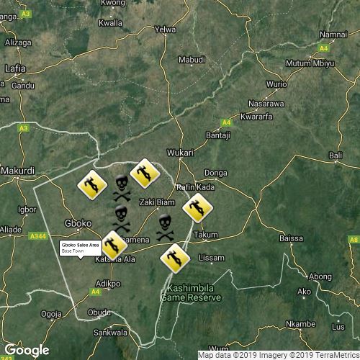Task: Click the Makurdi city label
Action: point(17,171)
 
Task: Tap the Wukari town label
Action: point(179,153)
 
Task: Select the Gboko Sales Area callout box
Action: point(80,248)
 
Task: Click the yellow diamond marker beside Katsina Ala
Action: point(114,245)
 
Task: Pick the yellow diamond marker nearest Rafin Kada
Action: point(194,209)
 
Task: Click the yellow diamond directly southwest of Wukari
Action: point(143,173)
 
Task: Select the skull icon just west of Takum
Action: point(165,227)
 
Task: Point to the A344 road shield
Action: point(39,235)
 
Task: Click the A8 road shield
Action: point(353,239)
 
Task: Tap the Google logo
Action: point(27,350)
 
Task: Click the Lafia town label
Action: point(14,68)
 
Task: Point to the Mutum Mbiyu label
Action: point(310,63)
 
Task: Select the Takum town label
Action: point(206,235)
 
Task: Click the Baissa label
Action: point(291,238)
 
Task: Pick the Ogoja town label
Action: point(51,313)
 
